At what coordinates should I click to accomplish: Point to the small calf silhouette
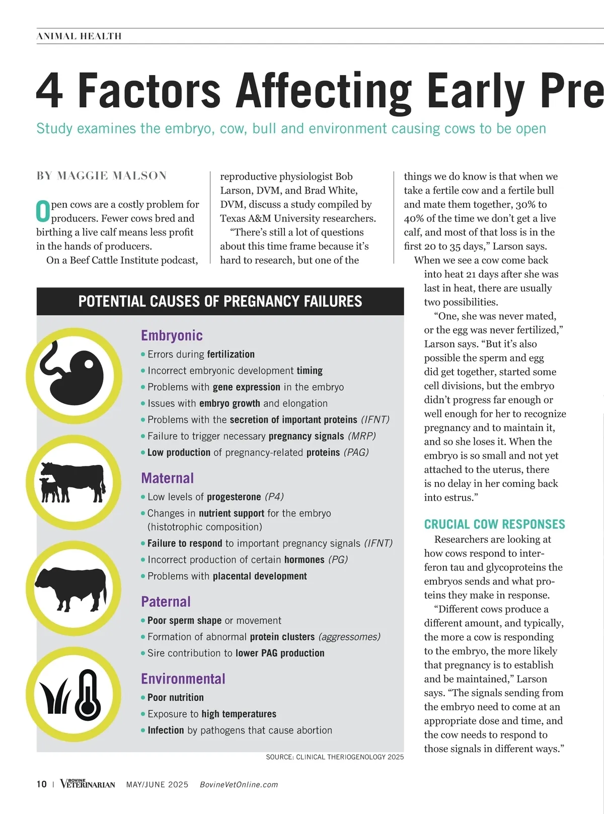50,490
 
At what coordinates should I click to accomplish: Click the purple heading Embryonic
172,336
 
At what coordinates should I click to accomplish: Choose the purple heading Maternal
167,478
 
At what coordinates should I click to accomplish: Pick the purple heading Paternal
166,602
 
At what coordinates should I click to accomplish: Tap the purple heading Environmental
183,679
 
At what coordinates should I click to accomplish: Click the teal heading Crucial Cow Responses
494,524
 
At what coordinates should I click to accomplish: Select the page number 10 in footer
41,784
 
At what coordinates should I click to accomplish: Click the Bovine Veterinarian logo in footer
88,784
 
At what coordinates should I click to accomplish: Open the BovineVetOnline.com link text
239,785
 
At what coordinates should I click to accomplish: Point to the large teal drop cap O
43,211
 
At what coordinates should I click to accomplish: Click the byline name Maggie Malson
112,176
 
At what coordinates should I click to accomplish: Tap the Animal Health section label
79,36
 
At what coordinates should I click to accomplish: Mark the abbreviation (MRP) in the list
362,436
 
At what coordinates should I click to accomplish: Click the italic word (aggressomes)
349,637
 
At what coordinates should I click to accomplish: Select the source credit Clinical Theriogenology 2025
335,757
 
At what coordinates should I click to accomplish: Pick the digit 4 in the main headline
50,91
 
